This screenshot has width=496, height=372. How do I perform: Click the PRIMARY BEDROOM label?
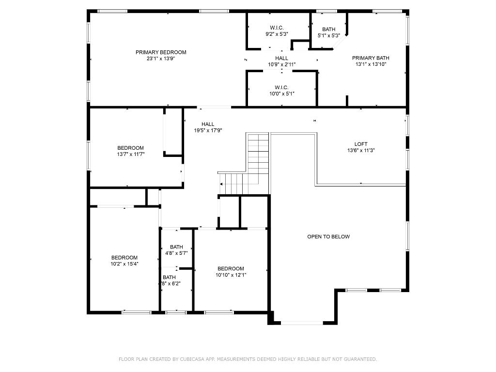161,52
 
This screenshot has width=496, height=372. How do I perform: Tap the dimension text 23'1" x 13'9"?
161,59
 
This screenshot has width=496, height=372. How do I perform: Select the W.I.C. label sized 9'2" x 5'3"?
277,28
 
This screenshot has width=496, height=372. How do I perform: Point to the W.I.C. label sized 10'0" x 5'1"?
282,88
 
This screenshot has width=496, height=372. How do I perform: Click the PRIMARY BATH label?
371,58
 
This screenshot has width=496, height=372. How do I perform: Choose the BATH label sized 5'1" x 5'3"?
329,30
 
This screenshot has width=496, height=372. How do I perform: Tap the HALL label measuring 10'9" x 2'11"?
282,58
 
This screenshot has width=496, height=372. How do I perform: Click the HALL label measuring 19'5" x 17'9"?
208,124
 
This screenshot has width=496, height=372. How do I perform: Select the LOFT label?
361,144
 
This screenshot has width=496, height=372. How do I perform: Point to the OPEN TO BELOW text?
328,237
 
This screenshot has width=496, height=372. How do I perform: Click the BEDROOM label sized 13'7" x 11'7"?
130,148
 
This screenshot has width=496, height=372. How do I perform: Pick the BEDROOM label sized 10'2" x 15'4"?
124,258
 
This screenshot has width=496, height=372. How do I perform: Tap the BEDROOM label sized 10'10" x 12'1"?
231,269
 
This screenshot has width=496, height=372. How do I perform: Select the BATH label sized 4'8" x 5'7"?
176,247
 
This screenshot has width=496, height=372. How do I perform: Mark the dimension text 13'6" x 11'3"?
361,151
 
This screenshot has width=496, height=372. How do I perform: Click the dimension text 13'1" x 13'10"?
371,64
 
